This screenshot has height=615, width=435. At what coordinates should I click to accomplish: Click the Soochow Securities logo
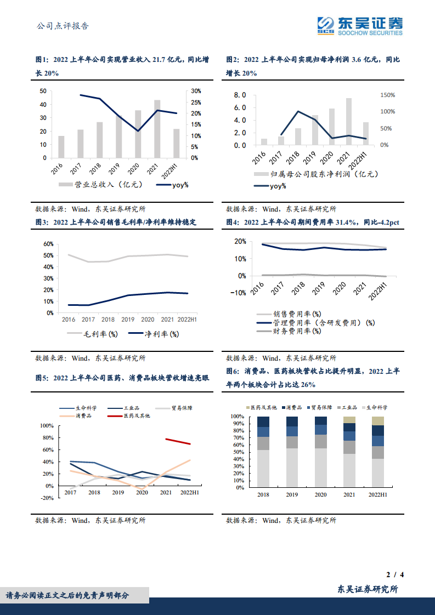click(360, 25)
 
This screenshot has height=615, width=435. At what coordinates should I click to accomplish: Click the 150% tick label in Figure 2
click(387, 95)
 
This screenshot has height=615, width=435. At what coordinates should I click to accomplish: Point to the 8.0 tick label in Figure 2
click(239, 95)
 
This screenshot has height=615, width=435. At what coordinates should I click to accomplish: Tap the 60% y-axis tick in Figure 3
click(48, 244)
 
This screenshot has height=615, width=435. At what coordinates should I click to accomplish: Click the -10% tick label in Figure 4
click(239, 293)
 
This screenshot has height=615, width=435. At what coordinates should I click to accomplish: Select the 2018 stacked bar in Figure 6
click(263, 452)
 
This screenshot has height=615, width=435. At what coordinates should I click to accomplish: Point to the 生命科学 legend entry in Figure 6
click(377, 407)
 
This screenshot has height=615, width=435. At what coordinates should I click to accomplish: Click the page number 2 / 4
click(395, 575)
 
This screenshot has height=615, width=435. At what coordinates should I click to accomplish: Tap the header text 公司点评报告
click(61, 26)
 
